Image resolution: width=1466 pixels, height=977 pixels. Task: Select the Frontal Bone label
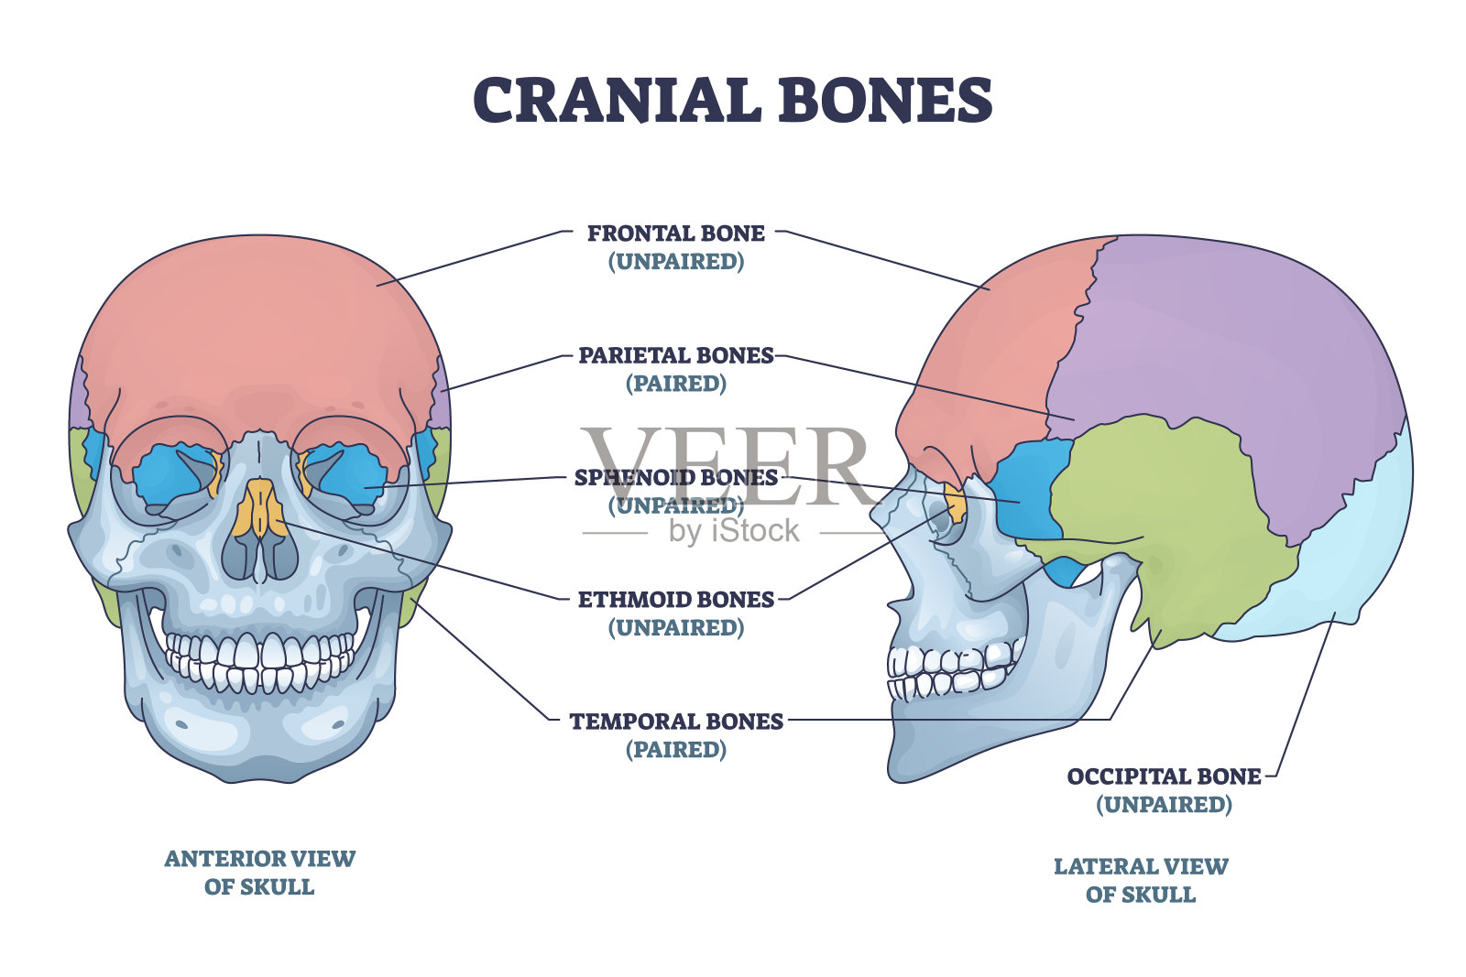click(676, 234)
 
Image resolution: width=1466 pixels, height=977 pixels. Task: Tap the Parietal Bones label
click(676, 356)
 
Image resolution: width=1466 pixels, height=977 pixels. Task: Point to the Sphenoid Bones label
click(676, 478)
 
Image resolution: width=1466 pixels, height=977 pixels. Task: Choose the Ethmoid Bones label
click(676, 601)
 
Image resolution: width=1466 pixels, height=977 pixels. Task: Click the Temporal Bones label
click(676, 722)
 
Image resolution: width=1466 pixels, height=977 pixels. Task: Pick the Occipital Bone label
click(1164, 777)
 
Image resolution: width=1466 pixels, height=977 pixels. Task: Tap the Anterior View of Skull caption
click(259, 873)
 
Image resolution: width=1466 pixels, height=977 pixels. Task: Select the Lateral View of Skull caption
click(1141, 880)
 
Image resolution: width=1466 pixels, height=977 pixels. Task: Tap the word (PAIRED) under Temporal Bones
click(676, 750)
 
